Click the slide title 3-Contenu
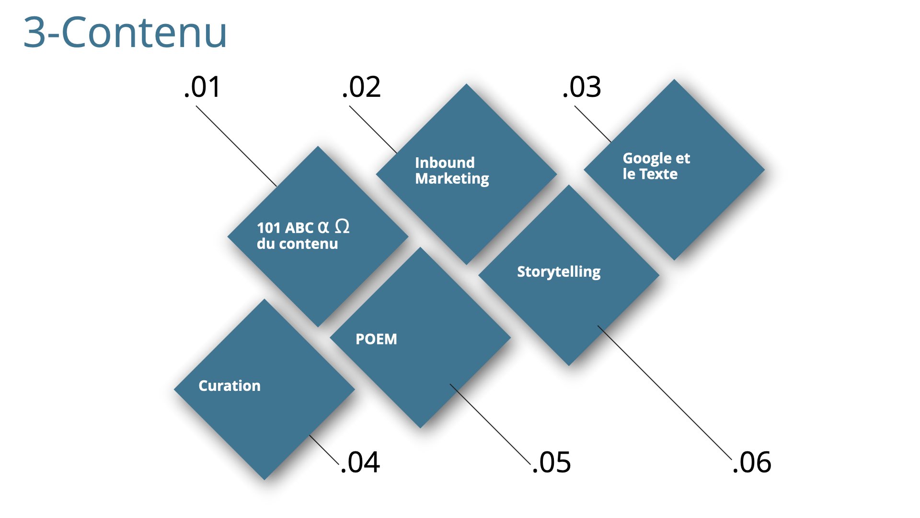pos(125,32)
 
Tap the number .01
pos(202,87)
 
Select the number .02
pos(361,87)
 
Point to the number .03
pos(582,87)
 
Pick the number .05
pos(552,462)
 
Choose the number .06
pos(752,462)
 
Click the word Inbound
pos(445,163)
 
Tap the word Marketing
pos(452,179)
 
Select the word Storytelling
pos(559,272)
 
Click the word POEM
pos(376,339)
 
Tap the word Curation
pos(230,386)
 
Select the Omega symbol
pos(342,226)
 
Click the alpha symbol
pos(323,227)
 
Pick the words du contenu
pos(297,244)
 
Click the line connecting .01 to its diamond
pos(236,146)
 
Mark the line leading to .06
pos(665,393)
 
